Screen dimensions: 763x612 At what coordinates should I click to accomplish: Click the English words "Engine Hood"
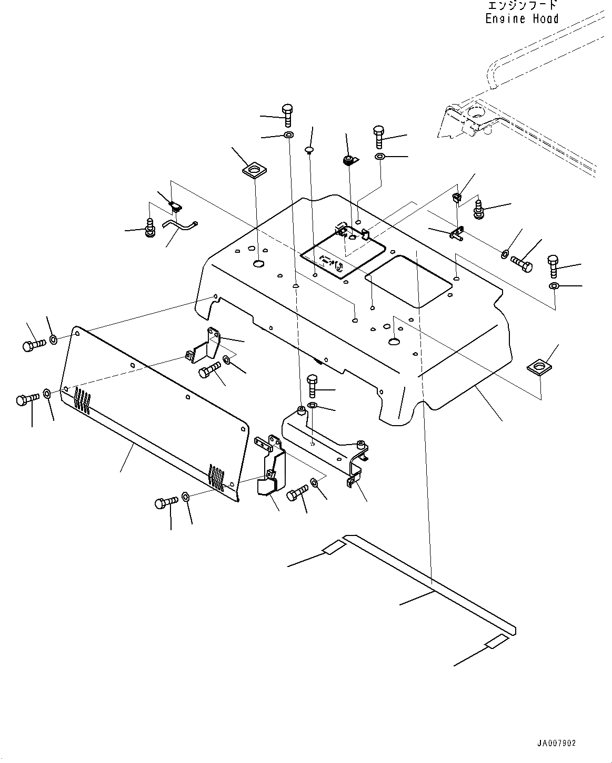coord(521,19)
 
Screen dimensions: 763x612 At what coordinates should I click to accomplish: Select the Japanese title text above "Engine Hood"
coord(522,6)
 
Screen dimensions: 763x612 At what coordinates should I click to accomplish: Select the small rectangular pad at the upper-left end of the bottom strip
coord(333,549)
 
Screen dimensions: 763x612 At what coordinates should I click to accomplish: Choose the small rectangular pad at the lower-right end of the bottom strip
coord(497,642)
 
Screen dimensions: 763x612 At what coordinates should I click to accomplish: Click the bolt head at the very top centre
coord(287,110)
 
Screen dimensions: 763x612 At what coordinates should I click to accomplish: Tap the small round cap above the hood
coord(309,150)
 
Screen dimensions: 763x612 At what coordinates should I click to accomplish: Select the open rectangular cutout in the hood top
coord(408,282)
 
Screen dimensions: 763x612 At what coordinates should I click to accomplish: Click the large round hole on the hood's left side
coord(259,263)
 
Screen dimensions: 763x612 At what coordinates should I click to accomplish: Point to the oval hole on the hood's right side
coord(395,342)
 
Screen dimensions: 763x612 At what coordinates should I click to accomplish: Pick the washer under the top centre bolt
coord(288,136)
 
